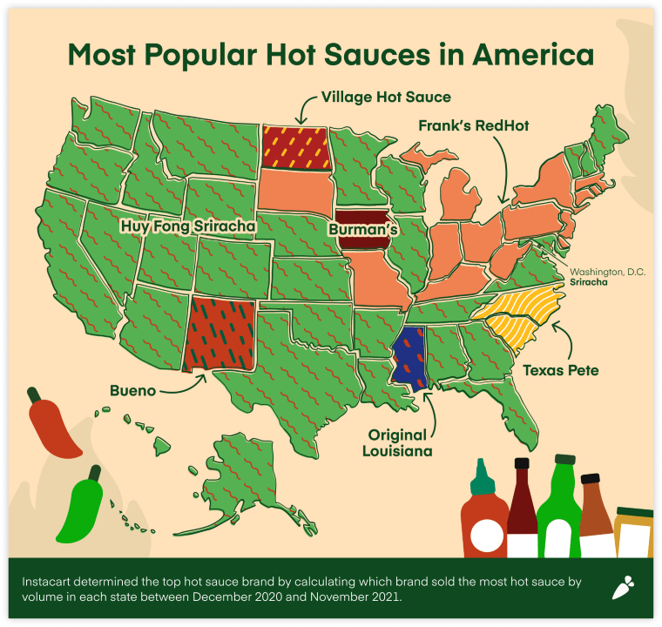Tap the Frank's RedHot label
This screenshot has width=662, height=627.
click(473, 126)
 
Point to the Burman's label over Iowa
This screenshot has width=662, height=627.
click(363, 230)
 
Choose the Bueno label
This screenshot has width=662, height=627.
click(133, 391)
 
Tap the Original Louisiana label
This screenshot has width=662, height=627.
click(395, 442)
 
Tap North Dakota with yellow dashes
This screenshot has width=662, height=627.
click(296, 147)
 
